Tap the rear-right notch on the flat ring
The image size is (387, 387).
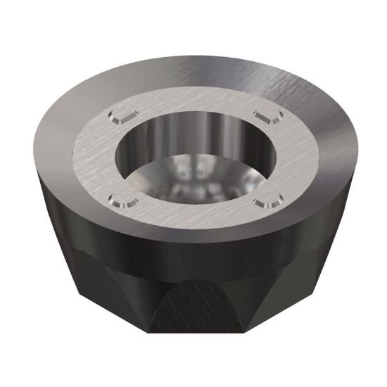263,114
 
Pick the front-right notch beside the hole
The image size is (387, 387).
267,203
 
